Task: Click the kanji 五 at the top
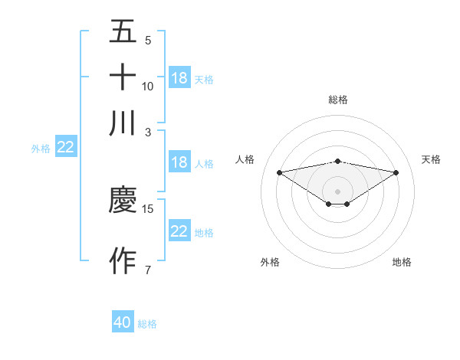pyautogui.click(x=123, y=31)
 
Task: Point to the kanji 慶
pyautogui.click(x=123, y=200)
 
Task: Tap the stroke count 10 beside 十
pyautogui.click(x=148, y=86)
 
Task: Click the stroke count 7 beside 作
pyautogui.click(x=147, y=270)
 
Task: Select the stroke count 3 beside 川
pyautogui.click(x=147, y=131)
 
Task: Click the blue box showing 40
pyautogui.click(x=123, y=322)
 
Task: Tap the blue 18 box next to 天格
pyautogui.click(x=179, y=78)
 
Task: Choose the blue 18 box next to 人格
pyautogui.click(x=179, y=162)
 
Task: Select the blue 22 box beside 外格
pyautogui.click(x=65, y=148)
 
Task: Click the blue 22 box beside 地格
pyautogui.click(x=179, y=231)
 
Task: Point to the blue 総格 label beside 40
pyautogui.click(x=147, y=324)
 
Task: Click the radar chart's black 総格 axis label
pyautogui.click(x=337, y=100)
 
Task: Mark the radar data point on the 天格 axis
pyautogui.click(x=396, y=172)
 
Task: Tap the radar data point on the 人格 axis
pyautogui.click(x=279, y=172)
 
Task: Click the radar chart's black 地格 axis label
pyautogui.click(x=402, y=263)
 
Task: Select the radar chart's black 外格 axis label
pyautogui.click(x=270, y=263)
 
